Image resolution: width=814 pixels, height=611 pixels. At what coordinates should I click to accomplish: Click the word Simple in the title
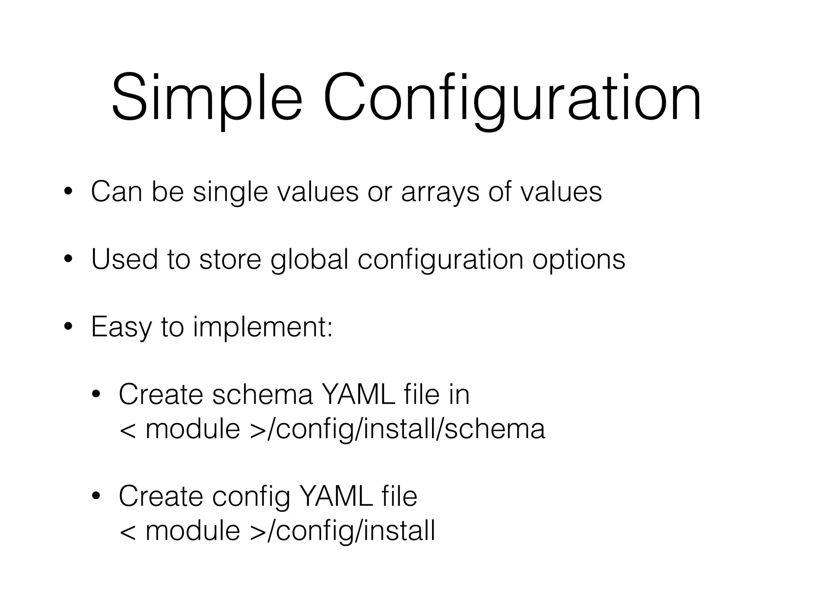point(207,97)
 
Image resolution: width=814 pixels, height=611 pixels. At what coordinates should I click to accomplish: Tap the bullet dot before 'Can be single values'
point(68,191)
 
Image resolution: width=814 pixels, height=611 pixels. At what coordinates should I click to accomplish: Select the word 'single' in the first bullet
point(230,192)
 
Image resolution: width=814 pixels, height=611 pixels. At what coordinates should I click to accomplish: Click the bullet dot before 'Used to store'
point(68,259)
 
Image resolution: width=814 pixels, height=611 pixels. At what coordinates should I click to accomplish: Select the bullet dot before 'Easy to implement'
point(68,327)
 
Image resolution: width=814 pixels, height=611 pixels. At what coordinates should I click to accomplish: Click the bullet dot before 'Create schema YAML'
point(96,395)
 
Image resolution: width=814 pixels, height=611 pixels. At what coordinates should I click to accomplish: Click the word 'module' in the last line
point(193,531)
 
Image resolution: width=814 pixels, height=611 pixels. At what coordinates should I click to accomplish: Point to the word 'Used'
point(124,259)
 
